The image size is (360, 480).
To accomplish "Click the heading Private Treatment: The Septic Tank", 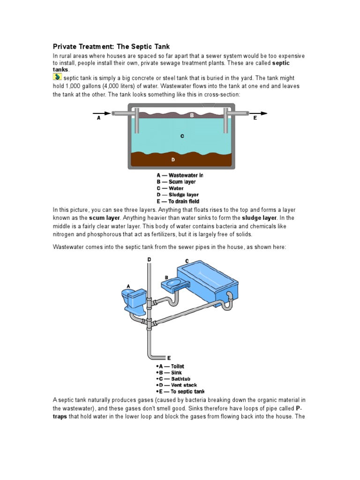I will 111,46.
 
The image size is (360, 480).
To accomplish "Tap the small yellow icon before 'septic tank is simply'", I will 57,77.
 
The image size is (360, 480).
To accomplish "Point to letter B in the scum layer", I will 192,115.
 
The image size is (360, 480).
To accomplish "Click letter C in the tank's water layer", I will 182,136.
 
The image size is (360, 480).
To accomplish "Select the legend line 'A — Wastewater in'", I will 180,175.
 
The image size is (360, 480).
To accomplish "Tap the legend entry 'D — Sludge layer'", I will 178,195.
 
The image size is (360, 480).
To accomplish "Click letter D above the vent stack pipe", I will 150,259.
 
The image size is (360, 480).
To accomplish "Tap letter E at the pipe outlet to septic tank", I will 169,358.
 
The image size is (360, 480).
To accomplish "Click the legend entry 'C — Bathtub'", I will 173,379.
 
